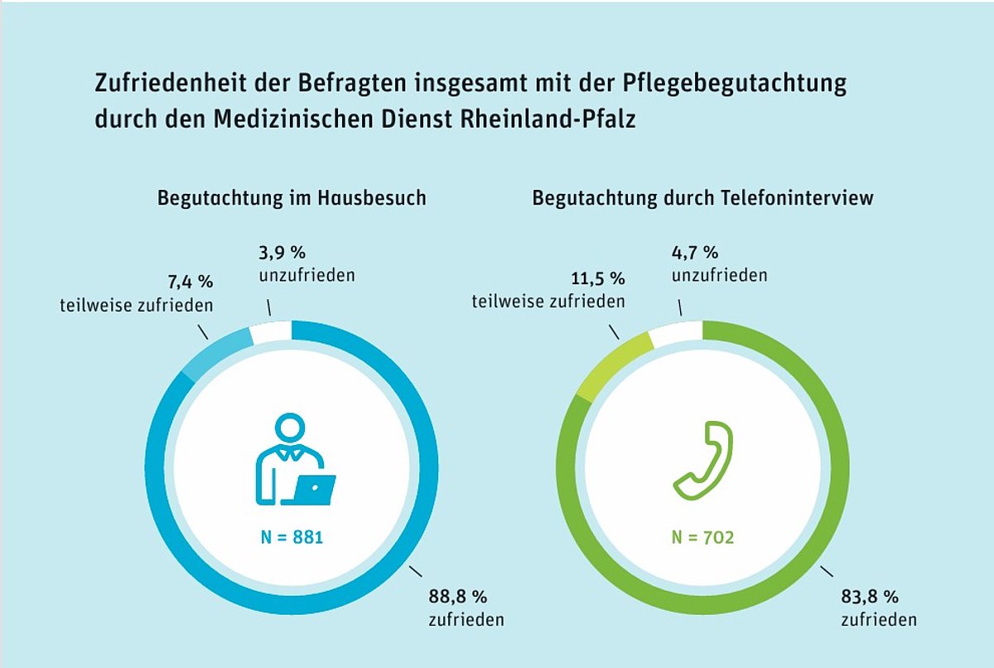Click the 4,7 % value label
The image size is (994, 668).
click(694, 253)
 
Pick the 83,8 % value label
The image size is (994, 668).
click(870, 595)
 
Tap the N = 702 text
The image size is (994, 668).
click(702, 538)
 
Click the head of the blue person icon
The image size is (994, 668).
click(289, 428)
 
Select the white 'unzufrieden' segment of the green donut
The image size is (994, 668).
click(676, 333)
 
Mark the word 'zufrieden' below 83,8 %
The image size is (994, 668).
click(879, 620)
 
